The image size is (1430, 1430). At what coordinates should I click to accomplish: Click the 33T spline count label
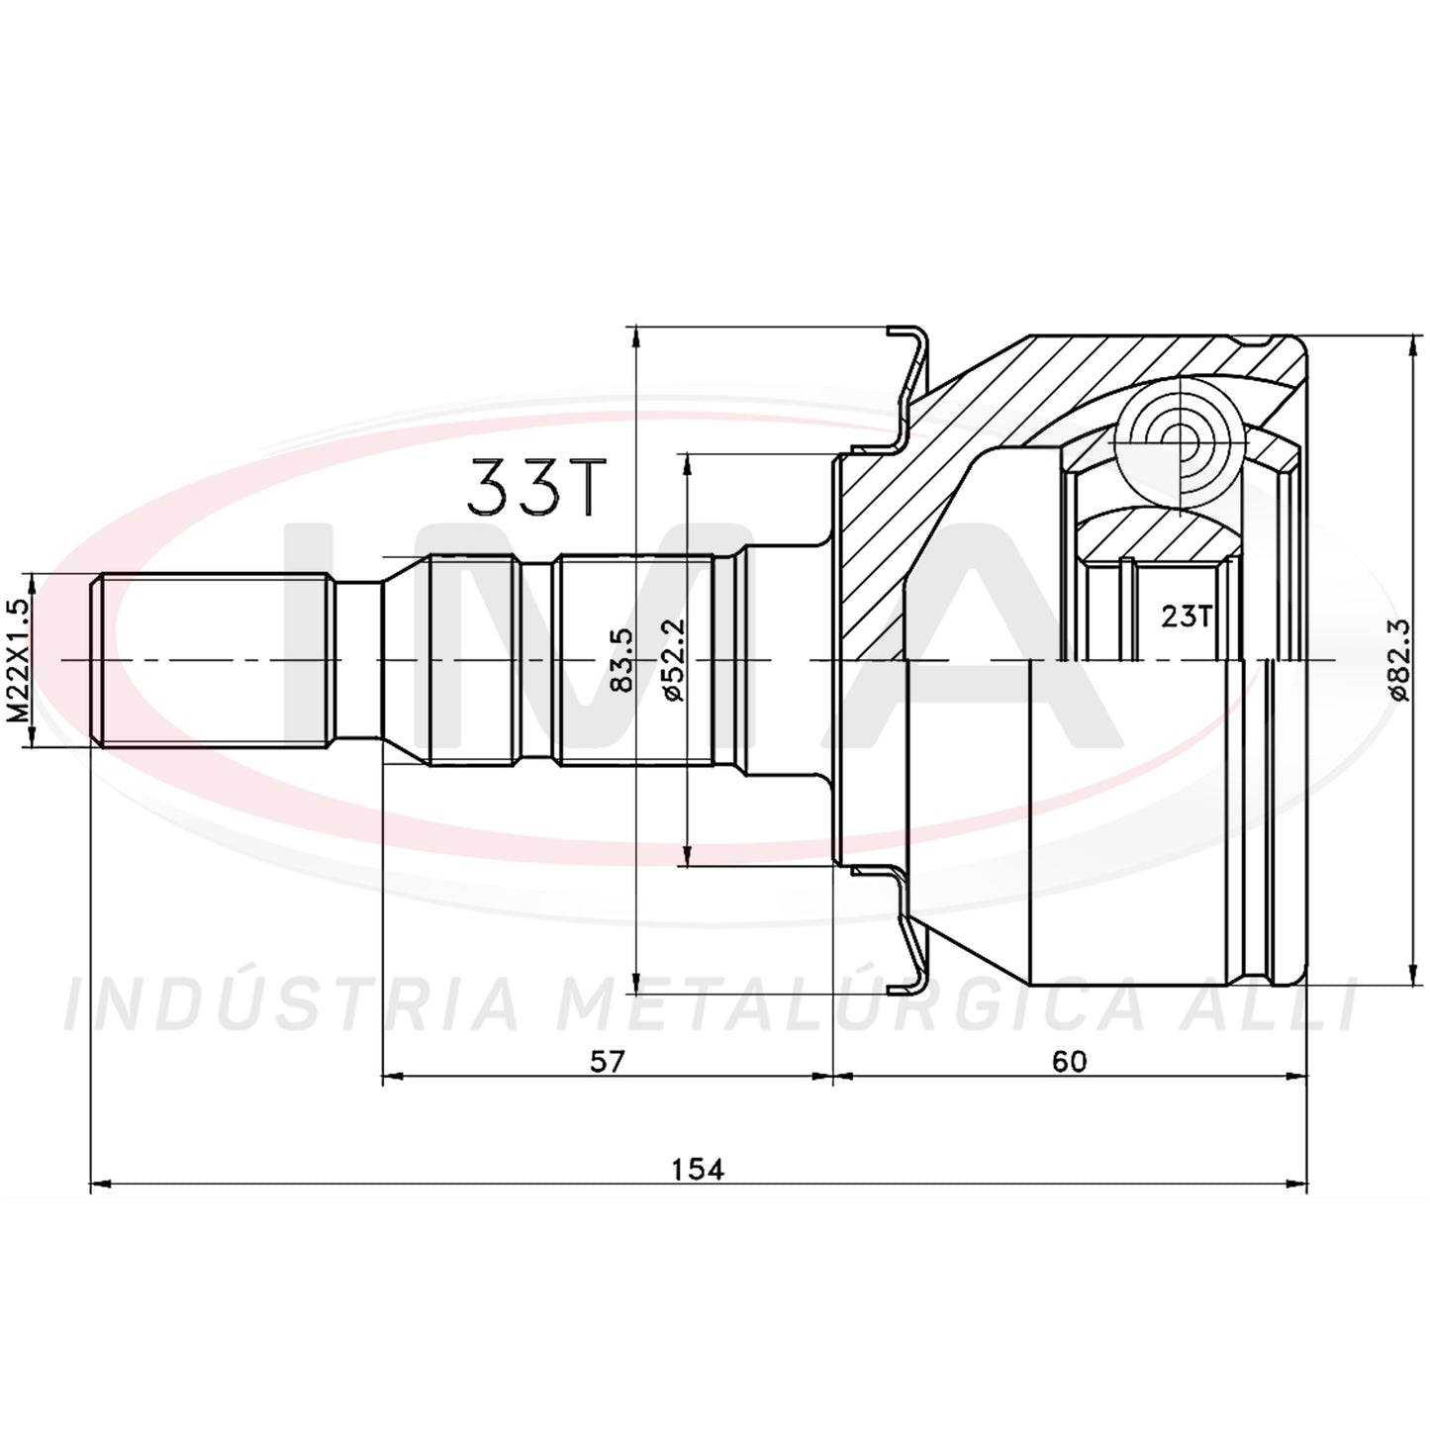532,487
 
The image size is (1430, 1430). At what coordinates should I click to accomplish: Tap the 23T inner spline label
1186,616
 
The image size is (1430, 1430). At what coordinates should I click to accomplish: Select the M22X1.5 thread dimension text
21,660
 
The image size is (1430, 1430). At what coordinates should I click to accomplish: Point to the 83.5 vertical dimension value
621,660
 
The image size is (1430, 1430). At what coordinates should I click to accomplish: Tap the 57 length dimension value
608,1061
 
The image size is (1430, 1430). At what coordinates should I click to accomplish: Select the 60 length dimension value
1069,1061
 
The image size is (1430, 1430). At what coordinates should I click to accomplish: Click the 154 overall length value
697,1169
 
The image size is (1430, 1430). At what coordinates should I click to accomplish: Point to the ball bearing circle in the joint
1179,440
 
